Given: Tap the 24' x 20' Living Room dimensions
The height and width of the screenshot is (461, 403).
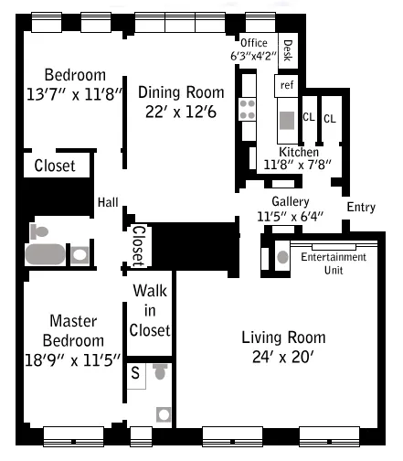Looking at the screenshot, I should coord(283,357).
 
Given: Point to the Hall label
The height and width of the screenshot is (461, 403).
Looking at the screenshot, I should coord(108,202).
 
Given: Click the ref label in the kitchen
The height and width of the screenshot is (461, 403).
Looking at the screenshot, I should coord(287,85).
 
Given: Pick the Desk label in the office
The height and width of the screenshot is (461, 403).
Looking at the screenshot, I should coord(288,51).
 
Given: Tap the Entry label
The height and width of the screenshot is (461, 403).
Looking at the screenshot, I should coord(361,208).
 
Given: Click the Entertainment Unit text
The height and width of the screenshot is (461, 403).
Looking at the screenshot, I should coord(334,263).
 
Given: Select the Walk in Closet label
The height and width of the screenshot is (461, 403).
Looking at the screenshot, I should coord(150,310).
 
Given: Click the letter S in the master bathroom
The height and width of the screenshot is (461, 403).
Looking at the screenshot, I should coord(135,372).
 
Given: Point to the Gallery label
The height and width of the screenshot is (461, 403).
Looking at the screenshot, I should coord(290,202).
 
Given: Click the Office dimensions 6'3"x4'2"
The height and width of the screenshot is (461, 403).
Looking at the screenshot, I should coord(254,56).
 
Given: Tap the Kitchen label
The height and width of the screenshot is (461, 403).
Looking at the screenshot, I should coord(298,152).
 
